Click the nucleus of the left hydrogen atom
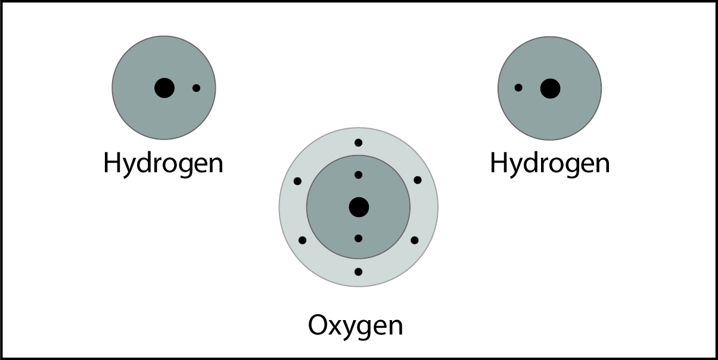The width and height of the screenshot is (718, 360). pyautogui.click(x=164, y=88)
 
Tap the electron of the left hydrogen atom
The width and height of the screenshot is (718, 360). pyautogui.click(x=197, y=88)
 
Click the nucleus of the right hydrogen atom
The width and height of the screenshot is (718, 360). pyautogui.click(x=550, y=88)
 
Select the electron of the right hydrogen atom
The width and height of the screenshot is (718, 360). pyautogui.click(x=518, y=88)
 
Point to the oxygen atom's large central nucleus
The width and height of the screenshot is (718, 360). pyautogui.click(x=359, y=207)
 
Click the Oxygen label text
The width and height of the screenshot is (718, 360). pyautogui.click(x=355, y=326)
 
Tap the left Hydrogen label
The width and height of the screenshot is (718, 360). pyautogui.click(x=163, y=163)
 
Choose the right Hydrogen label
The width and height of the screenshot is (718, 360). pyautogui.click(x=550, y=163)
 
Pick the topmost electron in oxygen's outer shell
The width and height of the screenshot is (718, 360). pyautogui.click(x=358, y=142)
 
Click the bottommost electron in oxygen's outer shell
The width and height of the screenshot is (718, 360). pyautogui.click(x=358, y=272)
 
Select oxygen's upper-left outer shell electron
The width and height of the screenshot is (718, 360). pyautogui.click(x=298, y=181)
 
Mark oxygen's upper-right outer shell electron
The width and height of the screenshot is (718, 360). pyautogui.click(x=418, y=180)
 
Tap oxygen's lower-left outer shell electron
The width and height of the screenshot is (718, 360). pyautogui.click(x=302, y=240)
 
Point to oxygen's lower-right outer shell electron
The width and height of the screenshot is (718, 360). pyautogui.click(x=415, y=240)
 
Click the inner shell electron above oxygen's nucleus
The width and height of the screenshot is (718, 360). pyautogui.click(x=358, y=175)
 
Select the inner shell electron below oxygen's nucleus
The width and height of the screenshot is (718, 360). pyautogui.click(x=358, y=238)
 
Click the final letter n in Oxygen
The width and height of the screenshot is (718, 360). pyautogui.click(x=395, y=327)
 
